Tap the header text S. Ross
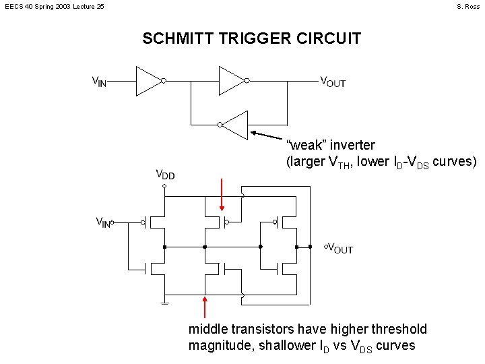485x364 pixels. pyautogui.click(x=467, y=7)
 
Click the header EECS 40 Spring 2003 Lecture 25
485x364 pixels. pyautogui.click(x=55, y=7)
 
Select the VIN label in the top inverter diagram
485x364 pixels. pyautogui.click(x=99, y=82)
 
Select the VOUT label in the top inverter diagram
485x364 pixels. pyautogui.click(x=333, y=82)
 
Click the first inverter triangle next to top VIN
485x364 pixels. pyautogui.click(x=149, y=81)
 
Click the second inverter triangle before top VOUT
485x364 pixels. pyautogui.click(x=231, y=81)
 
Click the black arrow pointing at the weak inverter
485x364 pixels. pyautogui.click(x=269, y=135)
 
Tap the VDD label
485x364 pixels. pyautogui.click(x=165, y=175)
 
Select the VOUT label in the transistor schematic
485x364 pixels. pyautogui.click(x=339, y=248)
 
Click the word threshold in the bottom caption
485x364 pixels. pyautogui.click(x=397, y=329)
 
